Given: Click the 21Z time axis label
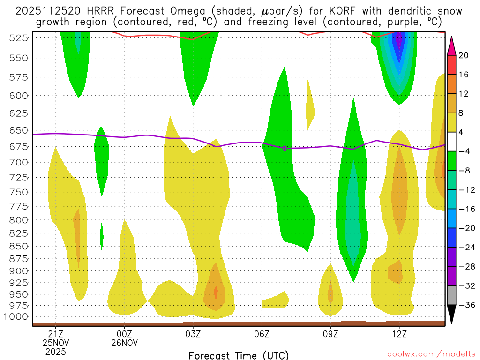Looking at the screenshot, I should (56, 333).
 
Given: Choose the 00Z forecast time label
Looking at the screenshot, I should (124, 333).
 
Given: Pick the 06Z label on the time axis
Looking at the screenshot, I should (262, 333).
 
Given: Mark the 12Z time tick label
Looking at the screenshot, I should (399, 333).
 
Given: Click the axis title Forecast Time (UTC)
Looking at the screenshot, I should (239, 355).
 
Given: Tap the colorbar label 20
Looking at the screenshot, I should (463, 55).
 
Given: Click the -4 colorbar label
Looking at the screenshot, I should (463, 151).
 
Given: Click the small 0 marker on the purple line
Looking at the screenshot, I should (285, 148).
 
